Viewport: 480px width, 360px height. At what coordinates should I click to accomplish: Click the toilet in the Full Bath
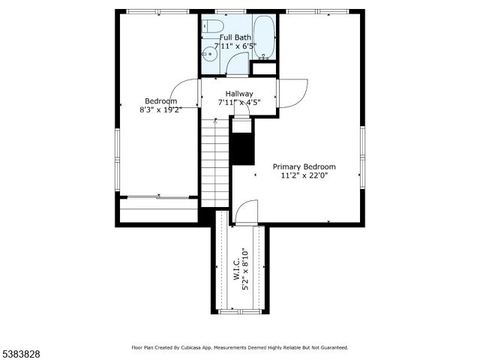214,27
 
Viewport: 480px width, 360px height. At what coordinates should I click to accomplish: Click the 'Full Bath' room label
235,37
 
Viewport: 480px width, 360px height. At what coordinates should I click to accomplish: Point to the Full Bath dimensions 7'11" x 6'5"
235,46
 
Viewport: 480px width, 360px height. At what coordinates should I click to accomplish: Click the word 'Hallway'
239,94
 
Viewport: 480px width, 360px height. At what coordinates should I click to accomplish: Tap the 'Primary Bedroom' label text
304,166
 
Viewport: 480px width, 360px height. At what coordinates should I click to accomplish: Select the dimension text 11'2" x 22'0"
304,175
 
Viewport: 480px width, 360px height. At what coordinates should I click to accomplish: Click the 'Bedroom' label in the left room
160,101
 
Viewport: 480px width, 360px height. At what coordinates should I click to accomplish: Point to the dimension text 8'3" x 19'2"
160,109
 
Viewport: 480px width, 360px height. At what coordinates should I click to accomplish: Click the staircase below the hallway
214,161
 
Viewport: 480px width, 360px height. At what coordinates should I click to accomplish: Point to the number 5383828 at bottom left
20,352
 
